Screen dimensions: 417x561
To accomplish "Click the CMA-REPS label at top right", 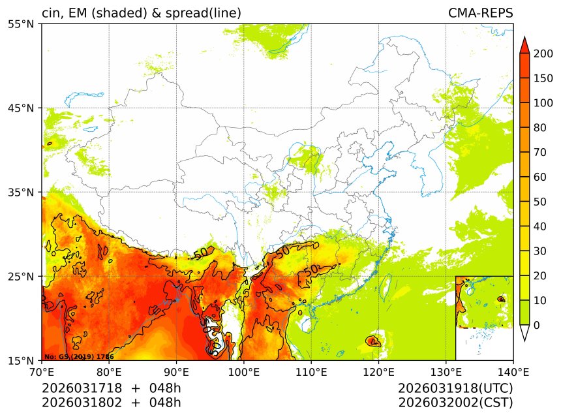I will tap(480, 13).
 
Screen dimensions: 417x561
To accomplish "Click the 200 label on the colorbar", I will tap(543, 54).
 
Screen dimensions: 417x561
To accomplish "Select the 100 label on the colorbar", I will tap(543, 103).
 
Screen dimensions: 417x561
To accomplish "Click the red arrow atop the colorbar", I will tap(524, 44).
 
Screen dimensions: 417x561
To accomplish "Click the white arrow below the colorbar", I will tap(524, 333).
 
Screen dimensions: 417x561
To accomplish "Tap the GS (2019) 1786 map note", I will tap(70, 357).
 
